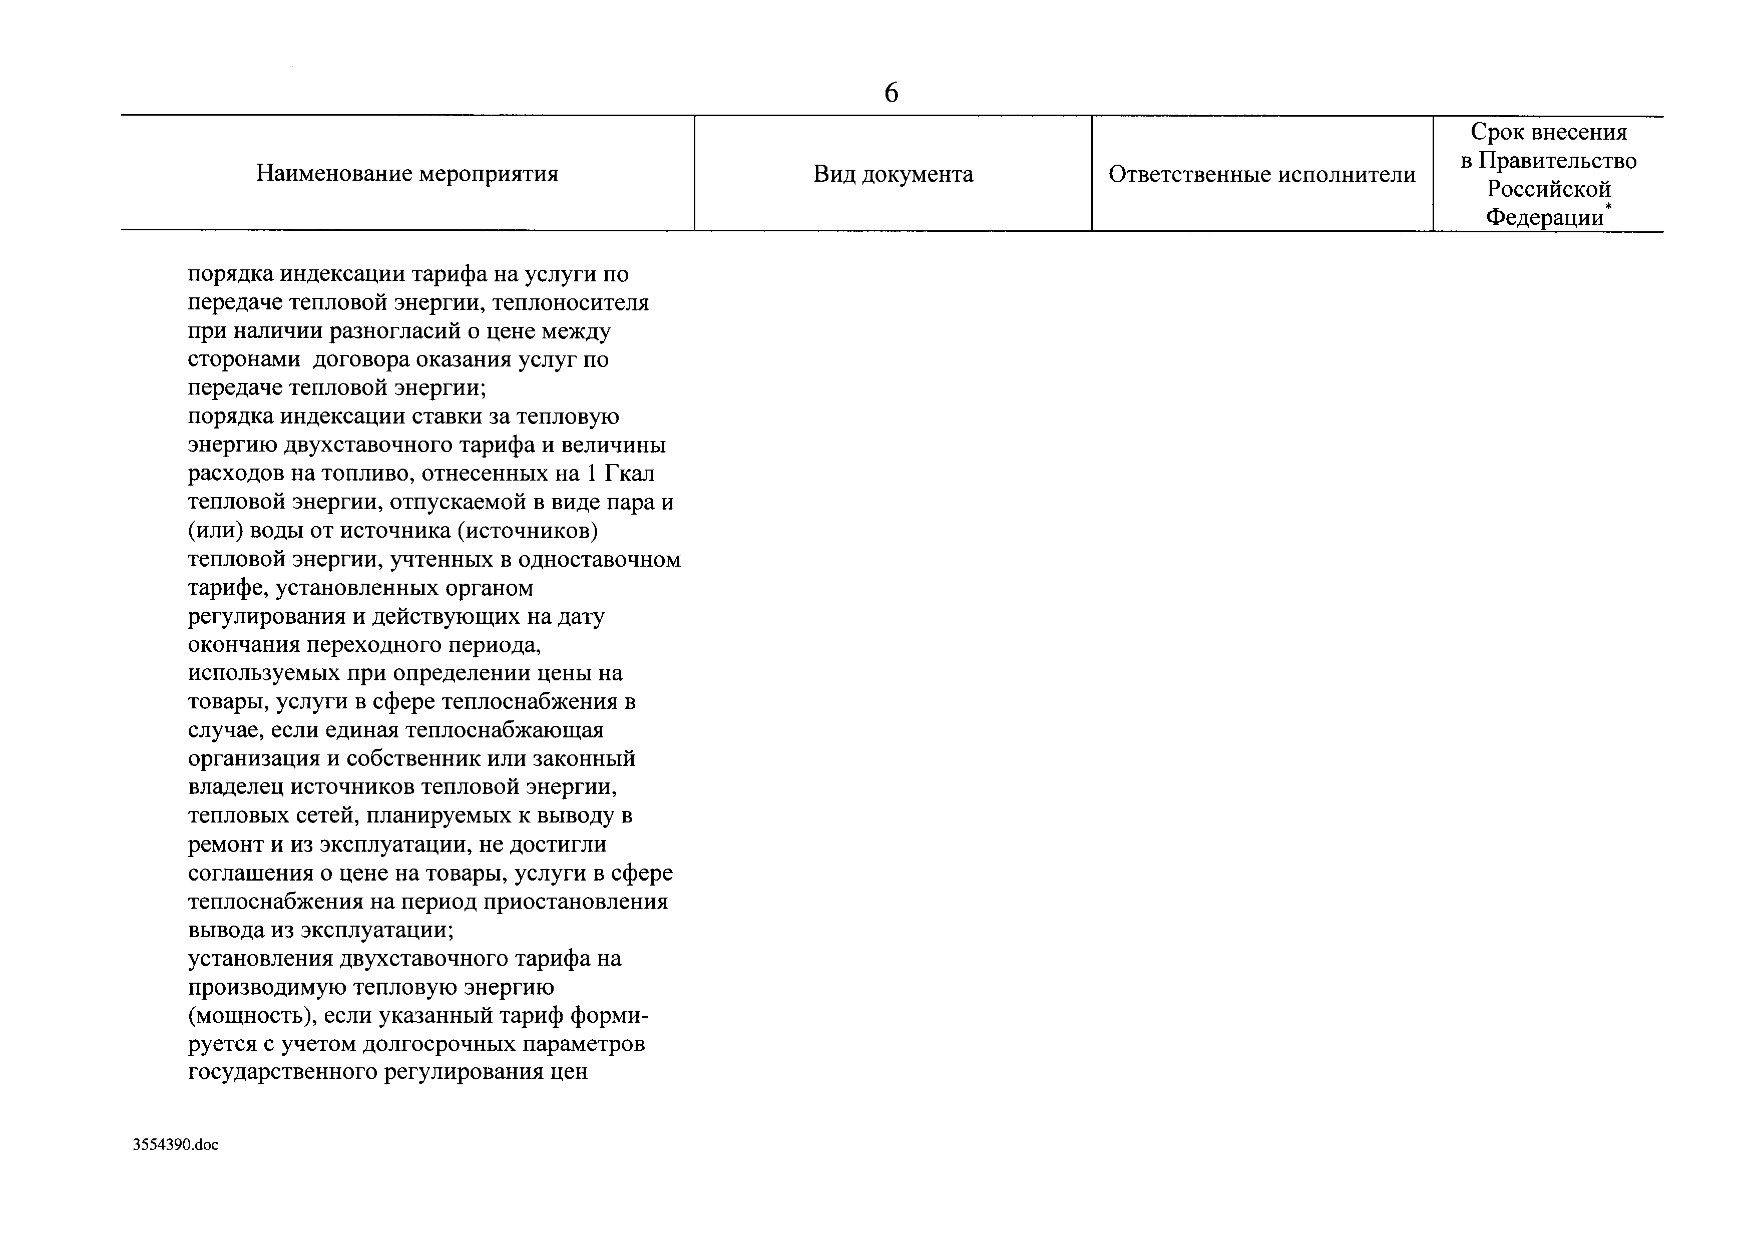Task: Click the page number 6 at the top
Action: (x=891, y=93)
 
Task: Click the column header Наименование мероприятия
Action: (x=407, y=174)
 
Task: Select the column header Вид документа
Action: (x=893, y=174)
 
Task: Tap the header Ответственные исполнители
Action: (x=1262, y=174)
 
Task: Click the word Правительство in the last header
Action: (x=1557, y=161)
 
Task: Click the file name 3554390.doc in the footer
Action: (x=175, y=1145)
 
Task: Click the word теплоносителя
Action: (x=571, y=303)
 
